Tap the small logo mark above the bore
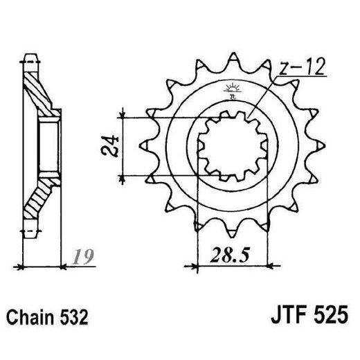pos(231,88)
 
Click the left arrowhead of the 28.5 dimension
pos(189,264)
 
